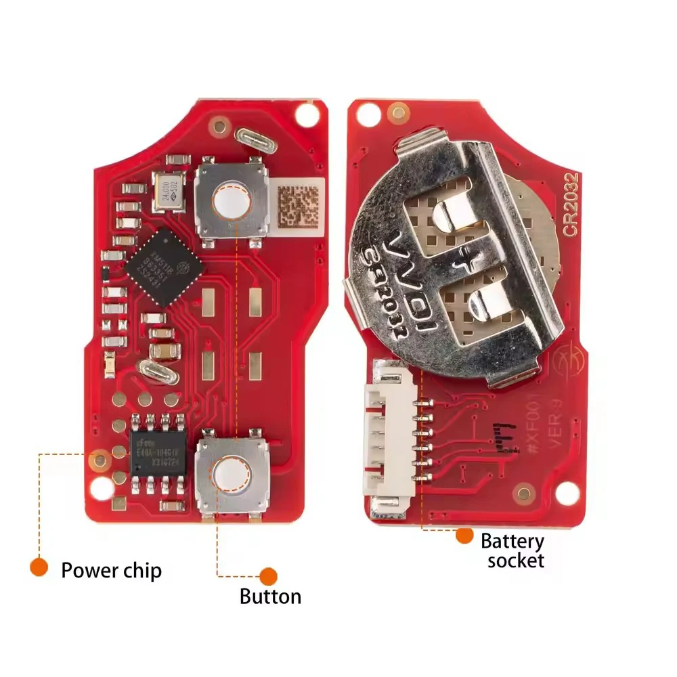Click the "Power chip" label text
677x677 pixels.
coord(111,570)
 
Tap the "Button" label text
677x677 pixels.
coord(270,596)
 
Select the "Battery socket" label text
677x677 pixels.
coord(512,550)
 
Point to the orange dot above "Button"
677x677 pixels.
coord(269,575)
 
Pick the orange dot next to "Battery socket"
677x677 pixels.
coord(464,536)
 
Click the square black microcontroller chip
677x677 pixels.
coord(165,266)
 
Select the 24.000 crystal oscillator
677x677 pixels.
coord(170,191)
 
